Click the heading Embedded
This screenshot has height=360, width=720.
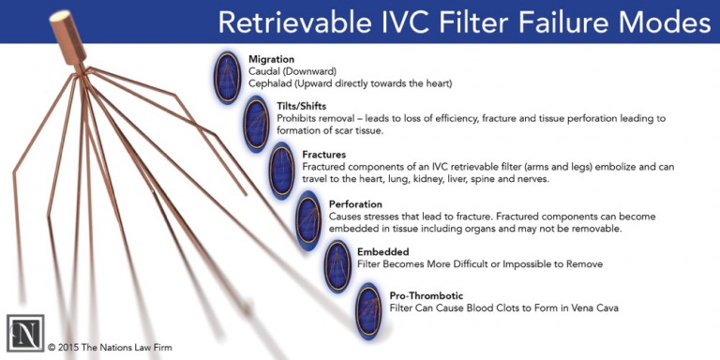pyautogui.click(x=384, y=251)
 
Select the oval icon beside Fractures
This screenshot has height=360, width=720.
pyautogui.click(x=282, y=169)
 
